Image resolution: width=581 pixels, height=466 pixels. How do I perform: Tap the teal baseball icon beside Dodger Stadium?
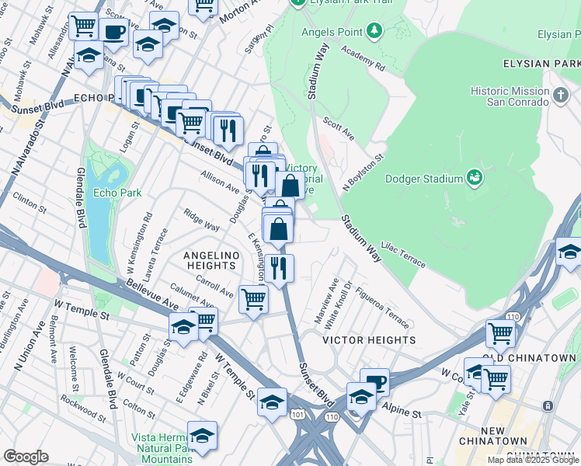[x=474, y=179]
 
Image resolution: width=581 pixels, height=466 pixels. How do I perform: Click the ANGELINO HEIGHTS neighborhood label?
[x=209, y=259]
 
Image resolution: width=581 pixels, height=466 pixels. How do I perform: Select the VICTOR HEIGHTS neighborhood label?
[x=358, y=340]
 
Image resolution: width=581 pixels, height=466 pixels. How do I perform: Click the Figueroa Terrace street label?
[x=382, y=308]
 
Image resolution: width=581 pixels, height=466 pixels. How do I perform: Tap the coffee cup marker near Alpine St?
[x=375, y=381]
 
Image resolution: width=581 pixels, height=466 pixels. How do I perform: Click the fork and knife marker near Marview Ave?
[x=279, y=268]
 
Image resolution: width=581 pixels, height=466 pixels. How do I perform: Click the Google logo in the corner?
[x=26, y=457]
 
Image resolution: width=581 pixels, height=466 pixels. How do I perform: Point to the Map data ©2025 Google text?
[x=534, y=460]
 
